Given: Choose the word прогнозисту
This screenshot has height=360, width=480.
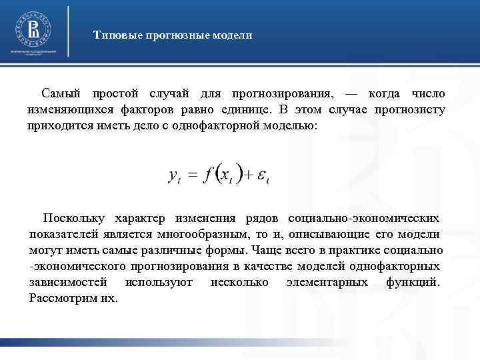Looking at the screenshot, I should coord(411,109).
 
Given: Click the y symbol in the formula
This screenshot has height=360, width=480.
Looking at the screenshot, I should coord(173,175).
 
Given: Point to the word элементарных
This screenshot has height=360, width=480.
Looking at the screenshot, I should coord(327,282).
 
